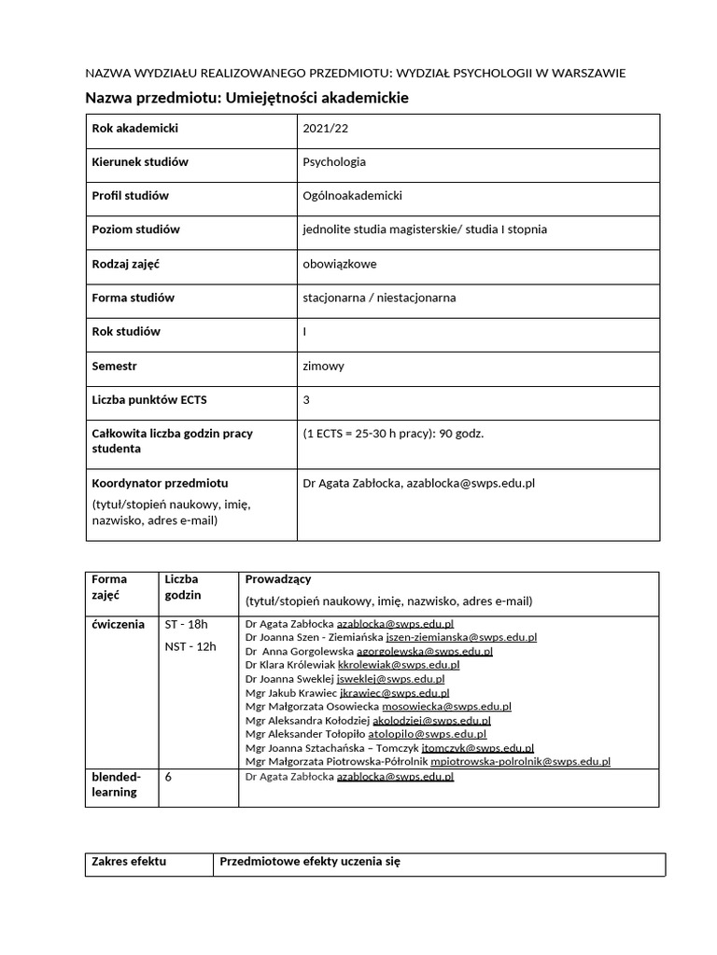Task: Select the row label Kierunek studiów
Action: click(x=140, y=161)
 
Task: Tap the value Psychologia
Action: click(x=334, y=161)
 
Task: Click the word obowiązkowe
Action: click(x=340, y=264)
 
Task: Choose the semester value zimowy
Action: click(x=324, y=366)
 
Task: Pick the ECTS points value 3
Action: click(x=306, y=400)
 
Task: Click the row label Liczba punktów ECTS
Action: click(x=149, y=400)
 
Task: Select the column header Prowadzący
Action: click(x=278, y=579)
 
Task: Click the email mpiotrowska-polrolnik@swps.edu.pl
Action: click(x=520, y=761)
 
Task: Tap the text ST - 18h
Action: click(x=187, y=624)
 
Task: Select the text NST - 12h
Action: click(x=190, y=646)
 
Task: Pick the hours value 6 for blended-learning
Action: click(x=168, y=776)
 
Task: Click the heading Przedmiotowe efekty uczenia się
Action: click(x=310, y=862)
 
